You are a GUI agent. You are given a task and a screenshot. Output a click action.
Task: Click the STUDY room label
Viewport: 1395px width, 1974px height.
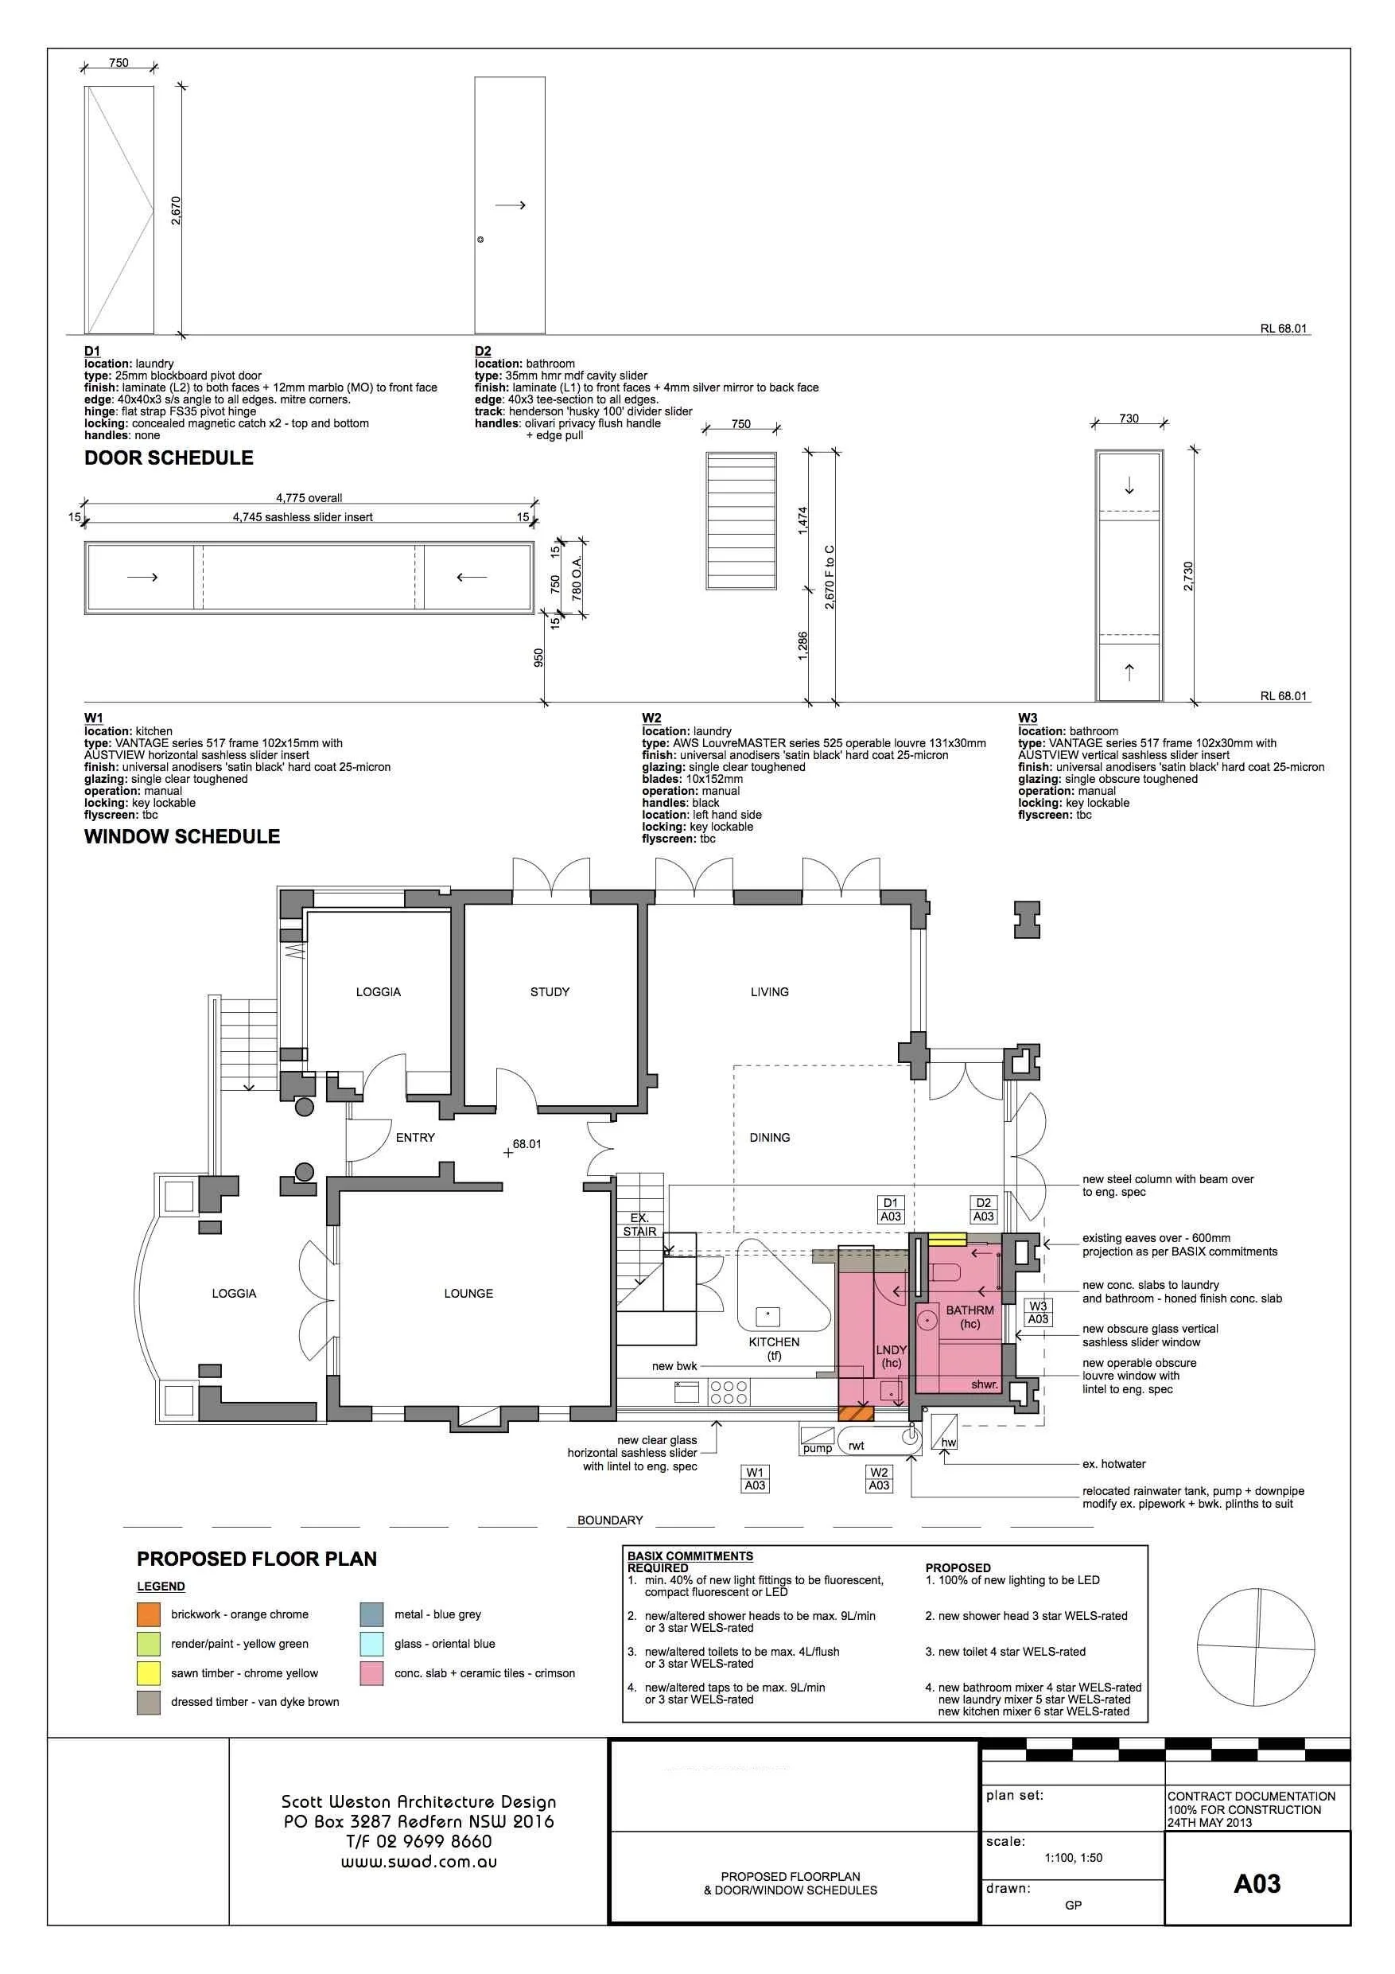coord(550,991)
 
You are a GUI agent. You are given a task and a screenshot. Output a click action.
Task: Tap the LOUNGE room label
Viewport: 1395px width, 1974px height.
coord(468,1293)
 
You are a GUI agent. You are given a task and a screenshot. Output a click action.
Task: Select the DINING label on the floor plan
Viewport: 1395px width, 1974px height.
coord(769,1138)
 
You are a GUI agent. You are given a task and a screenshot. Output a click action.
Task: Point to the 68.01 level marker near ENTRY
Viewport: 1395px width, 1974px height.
coord(526,1144)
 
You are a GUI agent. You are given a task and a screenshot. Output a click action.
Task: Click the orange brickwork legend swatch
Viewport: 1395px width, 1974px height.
coord(149,1614)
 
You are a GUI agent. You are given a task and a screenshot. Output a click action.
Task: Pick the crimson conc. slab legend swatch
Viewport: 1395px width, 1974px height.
coord(371,1673)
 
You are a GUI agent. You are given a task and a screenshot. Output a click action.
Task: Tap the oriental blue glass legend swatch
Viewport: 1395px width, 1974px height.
coord(371,1644)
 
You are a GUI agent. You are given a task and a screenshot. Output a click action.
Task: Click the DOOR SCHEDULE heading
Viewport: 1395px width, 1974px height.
coord(169,458)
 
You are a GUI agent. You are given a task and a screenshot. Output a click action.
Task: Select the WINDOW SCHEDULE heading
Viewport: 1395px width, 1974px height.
coord(181,836)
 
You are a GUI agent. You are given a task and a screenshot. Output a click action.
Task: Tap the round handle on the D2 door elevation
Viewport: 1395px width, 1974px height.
coord(480,239)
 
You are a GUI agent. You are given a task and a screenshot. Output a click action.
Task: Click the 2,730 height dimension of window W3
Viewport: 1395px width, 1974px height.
coord(1188,575)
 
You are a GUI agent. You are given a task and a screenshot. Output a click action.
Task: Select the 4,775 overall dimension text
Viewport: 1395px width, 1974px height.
coord(309,498)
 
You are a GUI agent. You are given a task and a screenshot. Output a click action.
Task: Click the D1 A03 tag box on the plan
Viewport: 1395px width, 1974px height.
coord(891,1209)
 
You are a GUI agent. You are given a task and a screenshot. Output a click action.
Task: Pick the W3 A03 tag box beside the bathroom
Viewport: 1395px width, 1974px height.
coord(1039,1313)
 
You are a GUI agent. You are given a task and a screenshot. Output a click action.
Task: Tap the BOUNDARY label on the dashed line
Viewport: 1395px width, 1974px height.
coord(609,1520)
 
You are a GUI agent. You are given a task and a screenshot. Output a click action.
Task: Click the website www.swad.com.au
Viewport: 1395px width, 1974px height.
coord(418,1863)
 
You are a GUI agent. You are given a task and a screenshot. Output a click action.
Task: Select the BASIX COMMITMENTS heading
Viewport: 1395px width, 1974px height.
coord(690,1556)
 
